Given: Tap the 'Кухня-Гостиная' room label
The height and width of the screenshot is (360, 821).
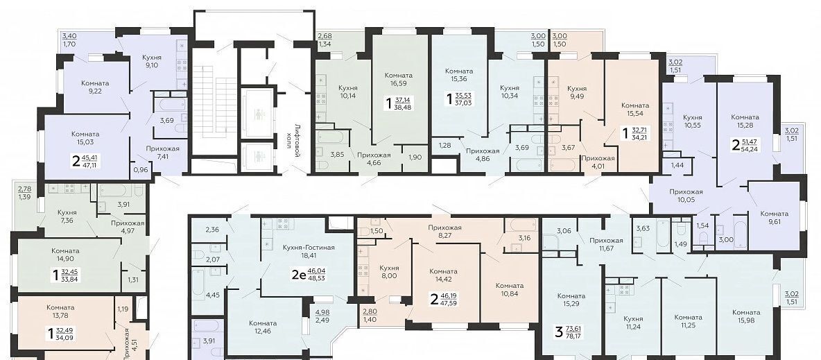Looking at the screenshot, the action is tap(308, 248).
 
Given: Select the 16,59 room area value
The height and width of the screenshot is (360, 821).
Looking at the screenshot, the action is tap(398, 83).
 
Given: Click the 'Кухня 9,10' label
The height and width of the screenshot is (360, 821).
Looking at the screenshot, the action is tap(151, 61).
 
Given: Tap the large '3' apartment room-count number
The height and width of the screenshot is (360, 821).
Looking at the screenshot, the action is tap(559, 332).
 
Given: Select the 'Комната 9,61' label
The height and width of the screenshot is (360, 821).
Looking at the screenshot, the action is tap(774, 218).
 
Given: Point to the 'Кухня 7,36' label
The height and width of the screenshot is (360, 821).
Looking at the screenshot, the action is tap(67, 216).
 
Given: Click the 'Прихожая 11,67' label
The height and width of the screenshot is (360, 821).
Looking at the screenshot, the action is tap(606, 245).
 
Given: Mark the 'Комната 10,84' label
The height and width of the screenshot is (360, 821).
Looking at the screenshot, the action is tap(510, 290).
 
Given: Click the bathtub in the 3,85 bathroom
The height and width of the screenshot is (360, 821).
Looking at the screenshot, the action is tap(330, 138).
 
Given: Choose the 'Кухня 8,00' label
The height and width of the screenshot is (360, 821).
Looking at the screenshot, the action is tap(388, 271).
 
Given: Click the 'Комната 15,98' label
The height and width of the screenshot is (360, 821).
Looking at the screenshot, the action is tap(747, 316).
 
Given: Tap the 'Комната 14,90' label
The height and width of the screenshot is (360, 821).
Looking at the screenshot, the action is tap(65, 255).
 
